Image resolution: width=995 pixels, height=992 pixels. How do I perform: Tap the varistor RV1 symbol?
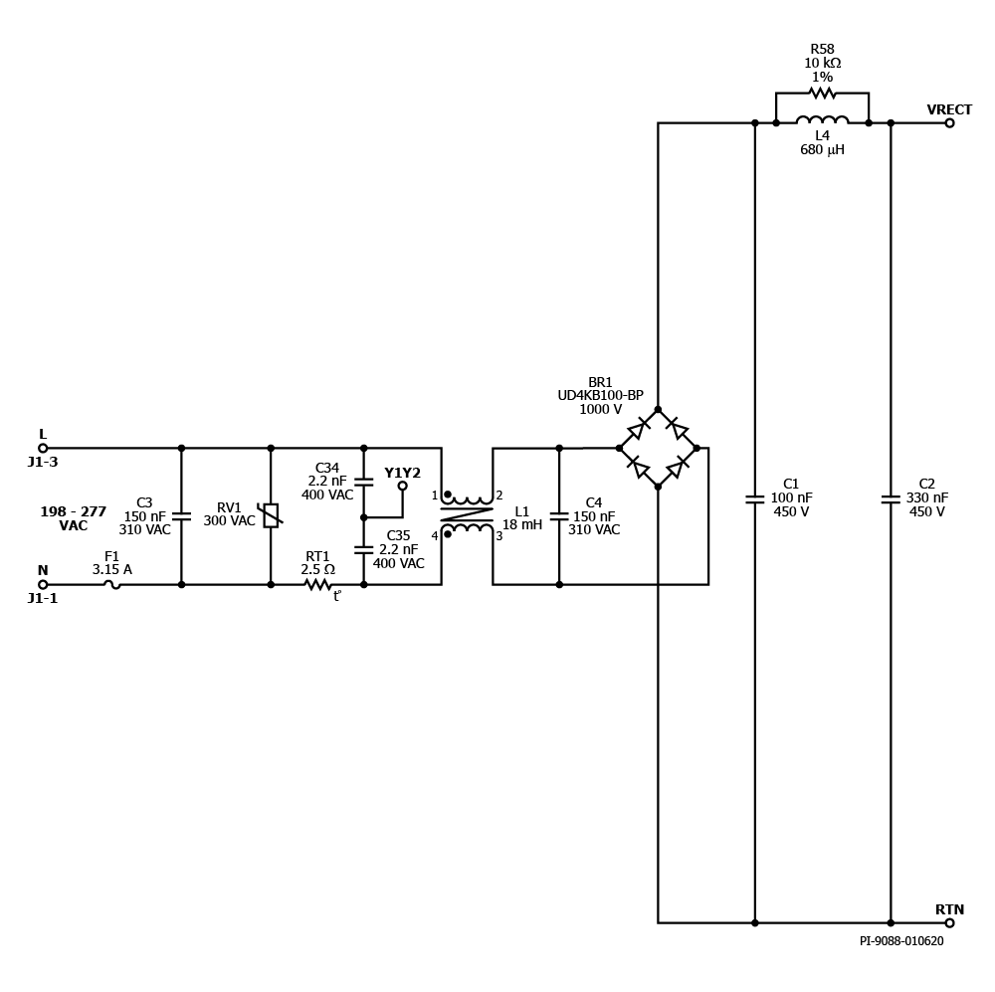point(271,515)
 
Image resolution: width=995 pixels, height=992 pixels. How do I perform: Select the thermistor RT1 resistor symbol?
point(318,584)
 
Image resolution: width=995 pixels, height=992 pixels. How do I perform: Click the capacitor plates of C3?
point(181,516)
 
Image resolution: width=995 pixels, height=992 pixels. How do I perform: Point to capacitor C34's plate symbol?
point(363,482)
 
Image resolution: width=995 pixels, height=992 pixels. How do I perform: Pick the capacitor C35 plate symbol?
point(363,549)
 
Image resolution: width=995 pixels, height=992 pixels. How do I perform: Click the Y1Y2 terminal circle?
point(402,487)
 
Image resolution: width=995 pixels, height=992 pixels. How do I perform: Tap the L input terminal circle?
point(43,448)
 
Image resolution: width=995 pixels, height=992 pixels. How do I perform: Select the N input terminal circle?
point(43,584)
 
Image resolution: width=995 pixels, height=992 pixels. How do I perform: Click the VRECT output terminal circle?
point(949,123)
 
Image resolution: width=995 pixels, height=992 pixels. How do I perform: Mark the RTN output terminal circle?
point(949,922)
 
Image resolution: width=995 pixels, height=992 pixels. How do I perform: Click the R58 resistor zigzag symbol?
point(823,94)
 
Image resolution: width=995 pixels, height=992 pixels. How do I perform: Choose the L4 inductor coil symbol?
point(823,120)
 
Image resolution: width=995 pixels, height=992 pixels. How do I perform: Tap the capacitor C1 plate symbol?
point(754,498)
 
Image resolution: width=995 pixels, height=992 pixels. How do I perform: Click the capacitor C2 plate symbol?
point(891,498)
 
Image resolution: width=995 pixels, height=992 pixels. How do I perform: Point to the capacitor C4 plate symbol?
point(559,516)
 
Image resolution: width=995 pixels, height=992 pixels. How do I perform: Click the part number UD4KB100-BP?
point(600,395)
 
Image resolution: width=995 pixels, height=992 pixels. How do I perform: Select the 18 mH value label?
point(522,525)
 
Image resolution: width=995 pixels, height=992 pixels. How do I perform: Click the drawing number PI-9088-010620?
point(901,941)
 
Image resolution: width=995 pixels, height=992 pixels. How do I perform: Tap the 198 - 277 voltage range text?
point(74,511)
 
